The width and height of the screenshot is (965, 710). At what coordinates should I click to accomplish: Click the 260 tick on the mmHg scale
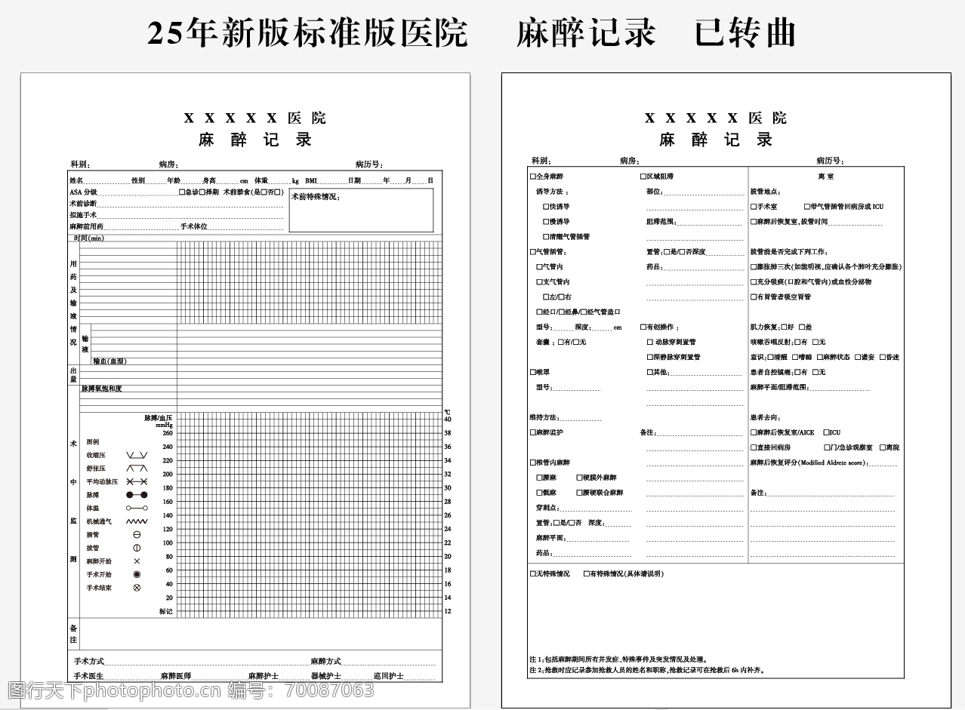168,433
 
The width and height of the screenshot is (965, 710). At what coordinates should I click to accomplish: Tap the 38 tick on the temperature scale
448,433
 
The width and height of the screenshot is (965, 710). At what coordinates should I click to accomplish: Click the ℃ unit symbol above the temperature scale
447,412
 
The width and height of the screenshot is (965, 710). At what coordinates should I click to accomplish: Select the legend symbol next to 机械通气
137,521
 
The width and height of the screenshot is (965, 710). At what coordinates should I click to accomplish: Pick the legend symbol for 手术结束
137,588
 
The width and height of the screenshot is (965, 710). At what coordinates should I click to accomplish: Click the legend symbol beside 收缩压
137,455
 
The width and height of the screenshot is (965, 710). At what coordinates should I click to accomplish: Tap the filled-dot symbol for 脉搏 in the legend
137,495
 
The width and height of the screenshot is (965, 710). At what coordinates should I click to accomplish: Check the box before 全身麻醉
532,177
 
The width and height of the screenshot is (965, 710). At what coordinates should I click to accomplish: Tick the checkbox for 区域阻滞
643,177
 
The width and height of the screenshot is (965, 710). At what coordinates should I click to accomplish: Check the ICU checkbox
826,433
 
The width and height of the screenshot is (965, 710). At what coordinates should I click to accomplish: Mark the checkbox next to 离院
881,448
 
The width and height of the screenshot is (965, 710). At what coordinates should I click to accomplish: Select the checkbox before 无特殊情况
532,574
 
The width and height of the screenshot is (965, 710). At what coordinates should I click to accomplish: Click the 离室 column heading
825,177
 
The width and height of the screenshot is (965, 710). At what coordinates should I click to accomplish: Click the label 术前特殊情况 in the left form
316,197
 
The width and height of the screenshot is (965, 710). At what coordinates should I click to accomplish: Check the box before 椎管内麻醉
532,463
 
